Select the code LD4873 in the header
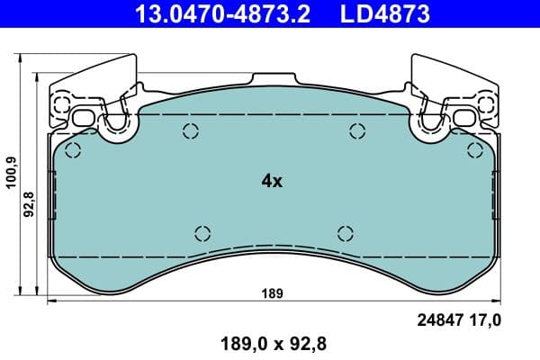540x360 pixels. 379,14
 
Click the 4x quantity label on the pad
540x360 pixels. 272,181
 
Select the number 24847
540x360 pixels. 439,319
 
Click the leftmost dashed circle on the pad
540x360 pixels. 74,150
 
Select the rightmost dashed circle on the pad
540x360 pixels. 474,150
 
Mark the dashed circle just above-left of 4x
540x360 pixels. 190,131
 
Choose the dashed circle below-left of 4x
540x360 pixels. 202,232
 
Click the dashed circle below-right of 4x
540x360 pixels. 346,232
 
